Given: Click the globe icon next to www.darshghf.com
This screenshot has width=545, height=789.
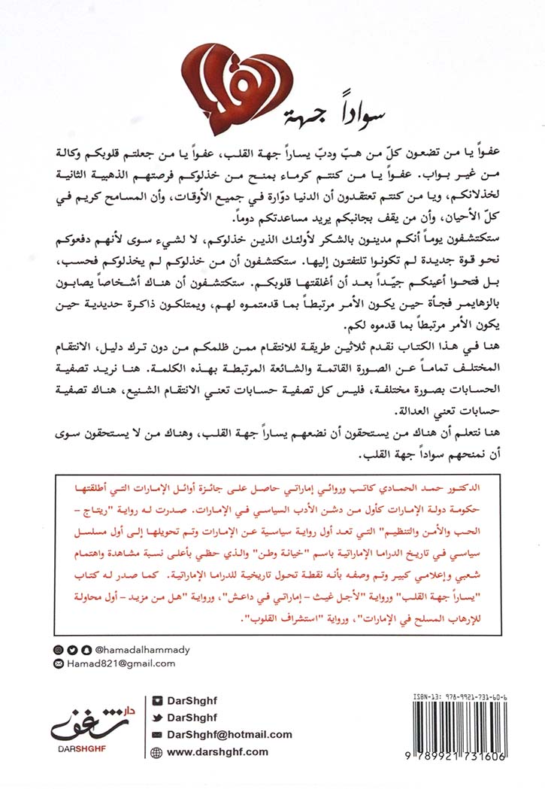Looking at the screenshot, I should point(156,751).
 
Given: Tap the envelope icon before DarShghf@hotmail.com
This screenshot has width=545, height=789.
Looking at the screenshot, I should point(156,735).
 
